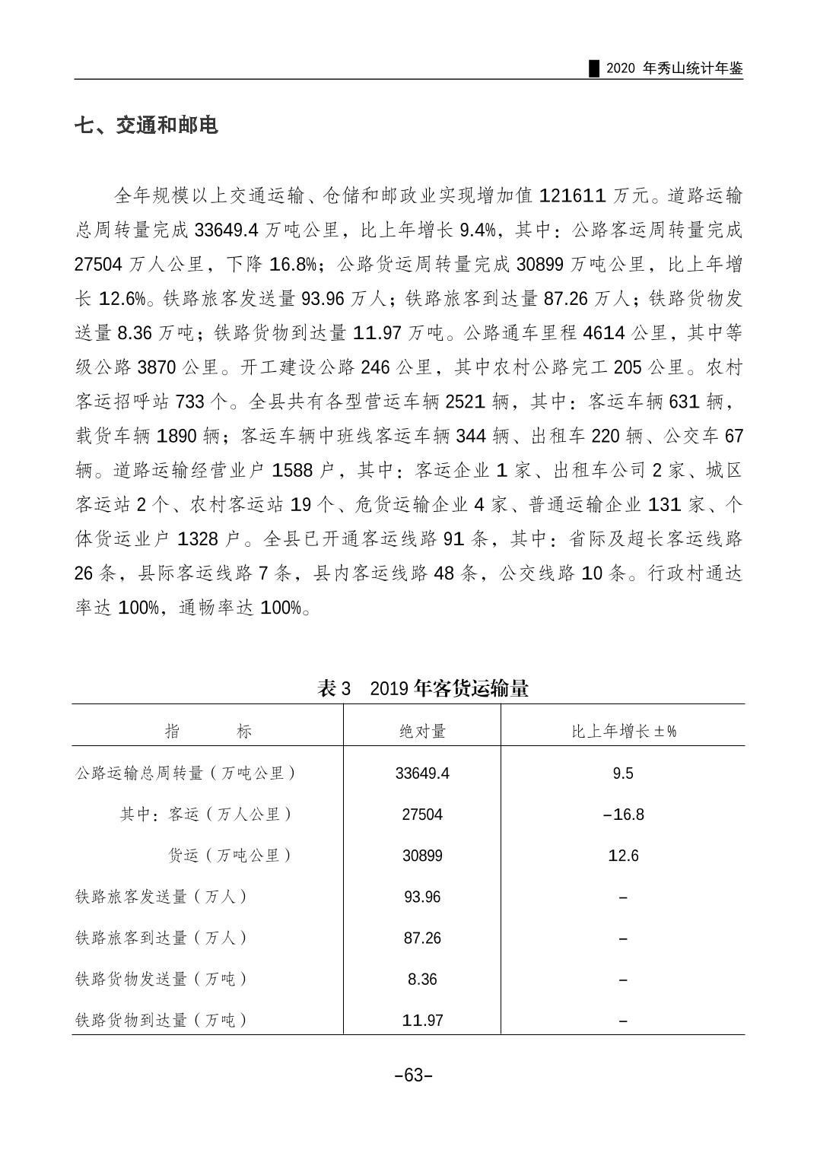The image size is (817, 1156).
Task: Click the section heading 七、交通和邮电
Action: tap(146, 125)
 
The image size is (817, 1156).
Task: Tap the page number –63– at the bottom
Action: tap(414, 1075)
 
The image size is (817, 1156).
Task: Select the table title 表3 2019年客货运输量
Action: tap(423, 689)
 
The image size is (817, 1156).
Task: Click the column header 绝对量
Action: tap(422, 732)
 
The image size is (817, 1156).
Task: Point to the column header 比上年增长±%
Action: tap(623, 732)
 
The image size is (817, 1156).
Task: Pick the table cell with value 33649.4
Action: tap(422, 773)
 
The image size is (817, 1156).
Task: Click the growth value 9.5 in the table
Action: tap(623, 773)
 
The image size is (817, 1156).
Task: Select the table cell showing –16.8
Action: tap(623, 815)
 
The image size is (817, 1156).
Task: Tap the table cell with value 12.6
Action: tap(623, 856)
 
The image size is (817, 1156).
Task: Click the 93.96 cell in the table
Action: tap(422, 897)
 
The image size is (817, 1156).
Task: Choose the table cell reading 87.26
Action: tap(422, 938)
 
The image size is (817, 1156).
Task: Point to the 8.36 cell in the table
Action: tap(422, 980)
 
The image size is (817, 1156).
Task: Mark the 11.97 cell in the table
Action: tap(422, 1021)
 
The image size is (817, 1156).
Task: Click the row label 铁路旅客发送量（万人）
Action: tap(161, 897)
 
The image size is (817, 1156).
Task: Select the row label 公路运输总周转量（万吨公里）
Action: tap(186, 773)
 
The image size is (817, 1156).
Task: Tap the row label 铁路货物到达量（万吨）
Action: tap(161, 1021)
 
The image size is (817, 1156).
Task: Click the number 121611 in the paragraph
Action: tap(573, 196)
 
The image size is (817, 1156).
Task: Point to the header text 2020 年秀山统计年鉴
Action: tap(675, 68)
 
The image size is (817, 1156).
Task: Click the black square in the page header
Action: tap(594, 68)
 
